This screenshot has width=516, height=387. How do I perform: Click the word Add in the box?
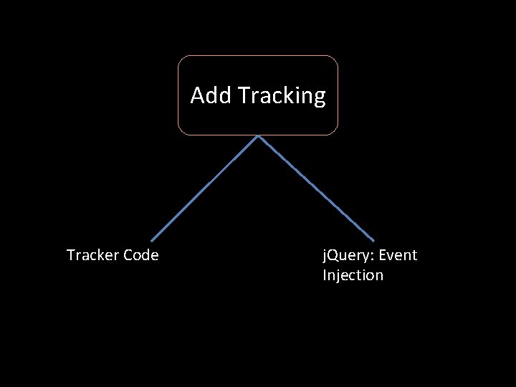211,95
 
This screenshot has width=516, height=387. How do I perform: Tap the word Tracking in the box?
281,96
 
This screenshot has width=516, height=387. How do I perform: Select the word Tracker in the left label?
92,255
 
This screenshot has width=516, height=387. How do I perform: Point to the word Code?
141,255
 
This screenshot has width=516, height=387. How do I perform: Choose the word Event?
398,255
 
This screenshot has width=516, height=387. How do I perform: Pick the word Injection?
353,276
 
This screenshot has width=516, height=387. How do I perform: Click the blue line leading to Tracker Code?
204,188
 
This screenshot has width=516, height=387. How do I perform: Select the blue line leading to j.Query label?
316,188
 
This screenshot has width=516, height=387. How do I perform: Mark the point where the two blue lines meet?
258,136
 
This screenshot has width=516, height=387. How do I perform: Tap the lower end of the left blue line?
151,240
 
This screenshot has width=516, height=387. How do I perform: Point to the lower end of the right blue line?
374,240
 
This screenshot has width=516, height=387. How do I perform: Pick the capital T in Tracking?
242,95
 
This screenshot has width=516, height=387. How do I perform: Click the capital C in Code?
128,255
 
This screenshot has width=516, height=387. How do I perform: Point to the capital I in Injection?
325,275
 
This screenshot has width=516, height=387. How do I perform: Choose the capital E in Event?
383,255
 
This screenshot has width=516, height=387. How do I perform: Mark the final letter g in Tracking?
319,98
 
